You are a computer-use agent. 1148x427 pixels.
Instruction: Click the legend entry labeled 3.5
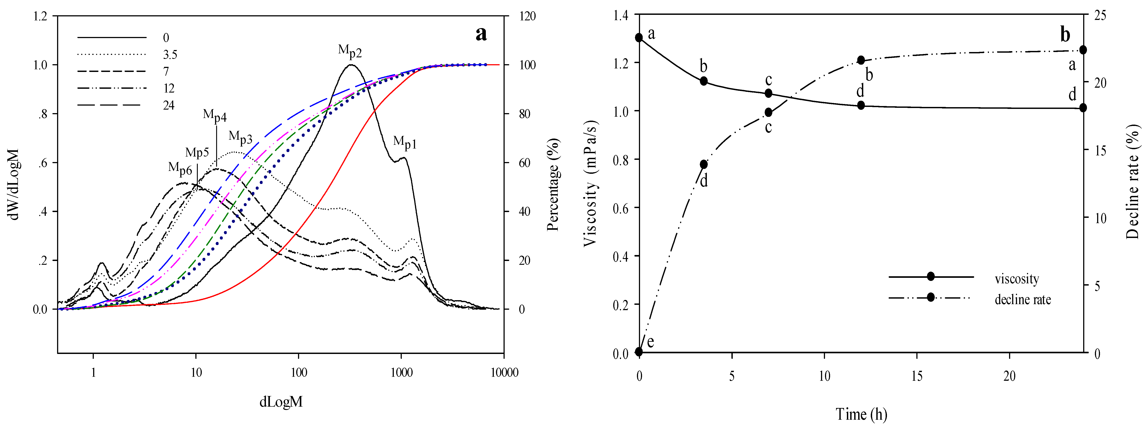click(x=170, y=55)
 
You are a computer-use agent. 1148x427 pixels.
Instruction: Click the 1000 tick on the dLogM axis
click(x=402, y=373)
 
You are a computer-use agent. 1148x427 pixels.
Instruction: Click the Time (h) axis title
click(x=861, y=414)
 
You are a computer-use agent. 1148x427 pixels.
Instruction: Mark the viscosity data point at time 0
click(x=639, y=37)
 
